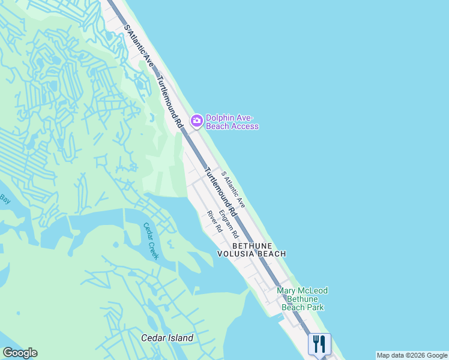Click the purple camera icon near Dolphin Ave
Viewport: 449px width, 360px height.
click(x=196, y=121)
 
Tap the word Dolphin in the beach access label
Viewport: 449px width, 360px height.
click(x=220, y=118)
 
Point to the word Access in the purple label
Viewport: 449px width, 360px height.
click(x=246, y=127)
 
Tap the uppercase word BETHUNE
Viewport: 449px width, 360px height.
click(x=252, y=246)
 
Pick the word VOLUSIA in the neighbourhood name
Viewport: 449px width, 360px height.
click(x=236, y=254)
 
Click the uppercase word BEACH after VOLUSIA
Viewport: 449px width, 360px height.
click(x=272, y=254)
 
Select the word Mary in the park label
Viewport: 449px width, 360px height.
click(x=286, y=291)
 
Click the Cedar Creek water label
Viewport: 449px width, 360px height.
click(x=151, y=241)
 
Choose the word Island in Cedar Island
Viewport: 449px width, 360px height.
click(x=179, y=338)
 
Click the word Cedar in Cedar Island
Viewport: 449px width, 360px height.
click(x=152, y=338)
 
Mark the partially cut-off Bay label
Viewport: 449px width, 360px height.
click(x=5, y=198)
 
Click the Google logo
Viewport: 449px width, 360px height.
click(x=20, y=353)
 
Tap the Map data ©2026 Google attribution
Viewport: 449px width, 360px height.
click(x=412, y=355)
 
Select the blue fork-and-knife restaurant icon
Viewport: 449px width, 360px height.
click(x=319, y=344)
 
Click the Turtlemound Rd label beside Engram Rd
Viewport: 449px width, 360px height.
click(x=221, y=192)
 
